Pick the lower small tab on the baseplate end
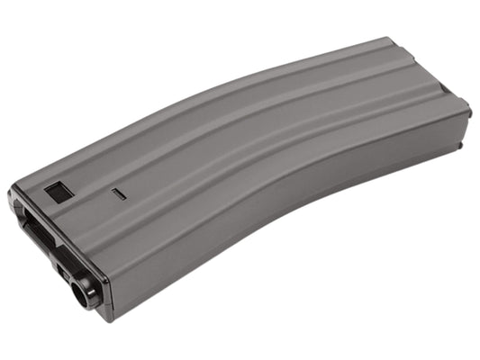pos(458,144)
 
